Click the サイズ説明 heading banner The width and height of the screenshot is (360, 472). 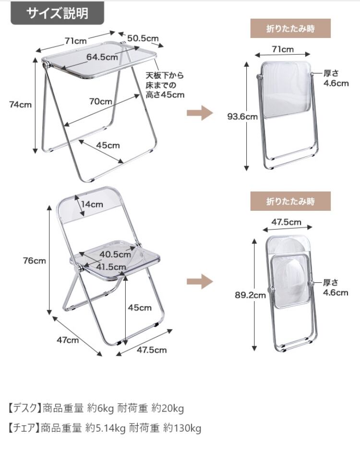point(57,12)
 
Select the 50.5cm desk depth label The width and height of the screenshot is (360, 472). point(143,38)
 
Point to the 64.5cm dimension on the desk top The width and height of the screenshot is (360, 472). point(102,57)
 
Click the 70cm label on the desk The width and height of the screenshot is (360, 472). point(101,101)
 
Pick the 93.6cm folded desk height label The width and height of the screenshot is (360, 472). point(242,116)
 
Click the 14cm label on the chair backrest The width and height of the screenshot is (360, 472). point(92,204)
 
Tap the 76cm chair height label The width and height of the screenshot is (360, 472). point(35,260)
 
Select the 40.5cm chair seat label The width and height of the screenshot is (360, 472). point(115,254)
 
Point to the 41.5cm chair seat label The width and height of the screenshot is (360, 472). point(111,266)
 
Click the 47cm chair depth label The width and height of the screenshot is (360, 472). point(68,340)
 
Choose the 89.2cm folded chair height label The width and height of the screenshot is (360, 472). point(250,295)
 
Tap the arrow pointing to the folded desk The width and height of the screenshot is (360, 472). point(199,114)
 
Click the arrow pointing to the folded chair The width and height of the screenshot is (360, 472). point(199,281)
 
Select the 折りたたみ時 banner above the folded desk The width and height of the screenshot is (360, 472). point(290,28)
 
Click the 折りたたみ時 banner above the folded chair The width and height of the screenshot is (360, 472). point(290,201)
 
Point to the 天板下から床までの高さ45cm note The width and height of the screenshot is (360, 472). point(165,85)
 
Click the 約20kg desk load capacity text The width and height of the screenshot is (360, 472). point(168,409)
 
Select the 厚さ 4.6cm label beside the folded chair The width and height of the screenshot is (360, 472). point(335,288)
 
